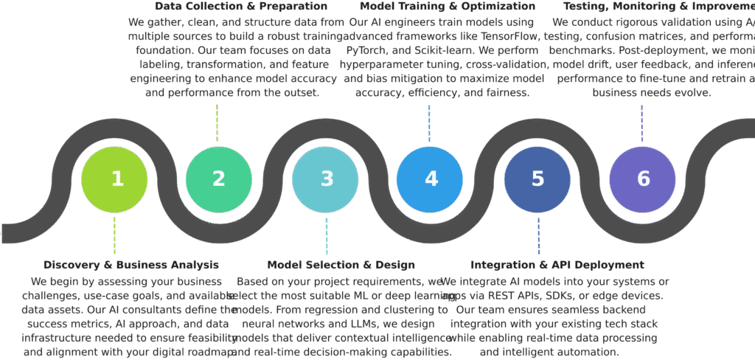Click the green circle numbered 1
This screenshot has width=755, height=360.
coord(114,179)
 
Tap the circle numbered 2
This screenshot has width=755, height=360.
coord(219,179)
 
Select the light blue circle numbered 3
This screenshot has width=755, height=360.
coord(325,179)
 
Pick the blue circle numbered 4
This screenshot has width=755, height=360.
coord(430,179)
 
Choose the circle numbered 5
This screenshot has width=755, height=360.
coord(537,179)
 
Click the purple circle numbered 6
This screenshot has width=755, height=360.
coord(642,179)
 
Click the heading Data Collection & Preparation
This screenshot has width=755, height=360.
coord(231,7)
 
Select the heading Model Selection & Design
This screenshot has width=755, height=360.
coord(341,265)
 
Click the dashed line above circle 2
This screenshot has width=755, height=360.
coord(217,122)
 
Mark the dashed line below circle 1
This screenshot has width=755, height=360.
coord(114,235)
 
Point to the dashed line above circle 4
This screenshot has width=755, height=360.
coord(429,122)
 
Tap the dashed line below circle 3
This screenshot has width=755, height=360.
coord(327,235)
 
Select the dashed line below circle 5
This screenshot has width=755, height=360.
coord(538,235)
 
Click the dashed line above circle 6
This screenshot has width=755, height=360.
coord(641,122)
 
